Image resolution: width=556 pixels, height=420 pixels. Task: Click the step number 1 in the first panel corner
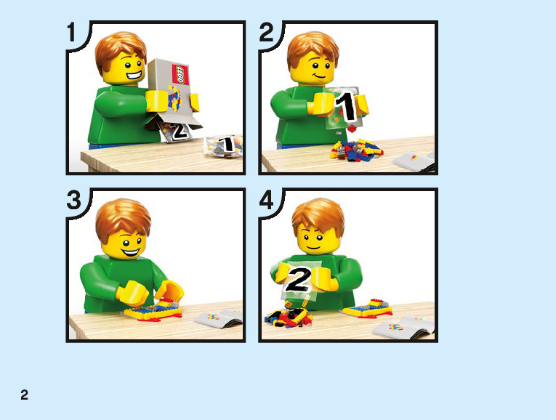[x=72, y=33]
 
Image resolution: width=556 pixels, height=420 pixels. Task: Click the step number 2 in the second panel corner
[x=266, y=33]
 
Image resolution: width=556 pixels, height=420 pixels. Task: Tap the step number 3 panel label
[x=74, y=200]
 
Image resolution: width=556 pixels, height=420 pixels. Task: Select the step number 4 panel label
[x=267, y=200]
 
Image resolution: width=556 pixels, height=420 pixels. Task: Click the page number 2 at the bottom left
[x=24, y=395]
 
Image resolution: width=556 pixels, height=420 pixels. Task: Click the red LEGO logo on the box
[x=180, y=74]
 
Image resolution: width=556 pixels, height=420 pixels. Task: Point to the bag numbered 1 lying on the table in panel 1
[x=224, y=145]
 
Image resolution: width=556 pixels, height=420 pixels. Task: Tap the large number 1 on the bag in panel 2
[x=345, y=106]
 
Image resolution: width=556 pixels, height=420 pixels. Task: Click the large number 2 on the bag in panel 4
[x=299, y=279]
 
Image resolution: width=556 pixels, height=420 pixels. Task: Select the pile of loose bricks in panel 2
[x=356, y=150]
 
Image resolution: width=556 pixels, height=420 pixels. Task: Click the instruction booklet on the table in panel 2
[x=414, y=161]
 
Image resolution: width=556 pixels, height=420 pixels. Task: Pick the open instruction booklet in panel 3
[x=219, y=318]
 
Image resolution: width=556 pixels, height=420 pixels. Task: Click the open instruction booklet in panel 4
[x=404, y=327]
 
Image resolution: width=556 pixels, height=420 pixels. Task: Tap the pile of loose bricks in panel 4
[x=288, y=318]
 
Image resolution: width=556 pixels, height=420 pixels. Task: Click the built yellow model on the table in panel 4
[x=367, y=308]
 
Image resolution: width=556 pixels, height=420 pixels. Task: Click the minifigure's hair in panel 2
[x=313, y=49]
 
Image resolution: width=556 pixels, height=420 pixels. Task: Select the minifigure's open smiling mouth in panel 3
[x=131, y=253]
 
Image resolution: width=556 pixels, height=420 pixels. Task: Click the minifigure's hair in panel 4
[x=318, y=216]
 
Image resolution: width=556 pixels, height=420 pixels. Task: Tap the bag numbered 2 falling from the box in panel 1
[x=176, y=130]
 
